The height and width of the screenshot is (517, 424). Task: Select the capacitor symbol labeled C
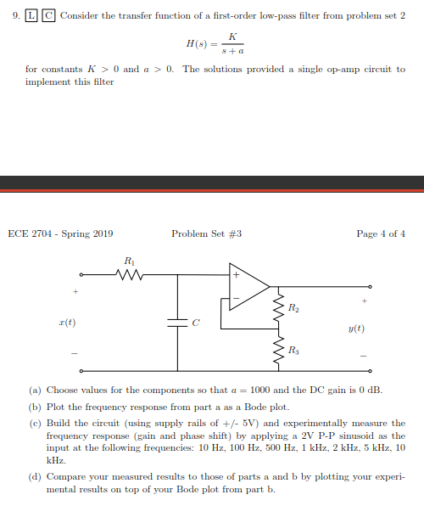178,323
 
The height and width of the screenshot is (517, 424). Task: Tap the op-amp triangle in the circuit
247,286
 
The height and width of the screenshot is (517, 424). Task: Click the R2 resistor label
293,307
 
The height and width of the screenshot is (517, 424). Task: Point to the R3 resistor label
293,349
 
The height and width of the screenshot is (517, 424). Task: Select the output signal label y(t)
356,328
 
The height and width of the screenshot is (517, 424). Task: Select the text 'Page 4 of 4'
381,233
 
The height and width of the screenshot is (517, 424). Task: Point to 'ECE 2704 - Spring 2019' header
60,233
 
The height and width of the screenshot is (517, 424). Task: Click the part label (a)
35,391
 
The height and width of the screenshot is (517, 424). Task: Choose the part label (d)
35,478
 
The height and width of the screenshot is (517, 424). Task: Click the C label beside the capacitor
195,323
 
